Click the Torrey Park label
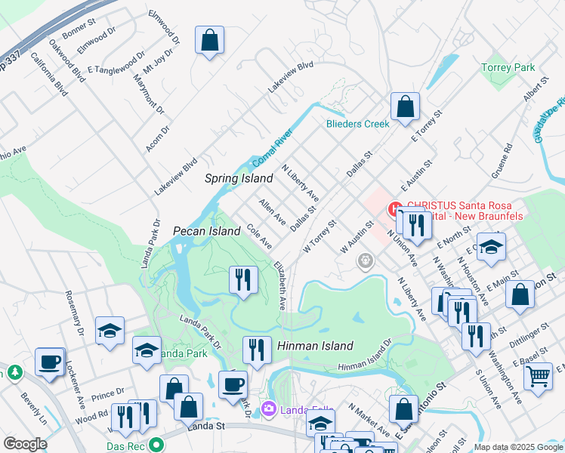(508, 68)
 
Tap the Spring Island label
(239, 179)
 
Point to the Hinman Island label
(315, 346)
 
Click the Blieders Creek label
(357, 124)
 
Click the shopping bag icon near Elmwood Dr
(209, 41)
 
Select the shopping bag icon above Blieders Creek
(405, 108)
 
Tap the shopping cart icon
(538, 375)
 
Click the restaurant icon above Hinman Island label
(257, 350)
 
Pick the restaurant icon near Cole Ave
(243, 280)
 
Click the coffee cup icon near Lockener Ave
(50, 362)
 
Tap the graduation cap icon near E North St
(491, 248)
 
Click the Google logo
(25, 444)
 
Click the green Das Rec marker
(156, 445)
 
